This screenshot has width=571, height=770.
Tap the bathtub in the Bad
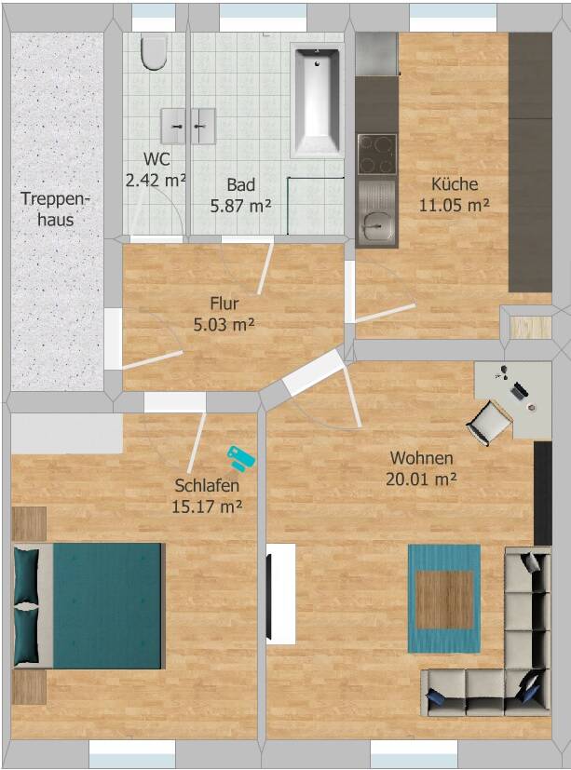pyautogui.click(x=317, y=101)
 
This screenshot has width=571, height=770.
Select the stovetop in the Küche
pyautogui.click(x=377, y=155)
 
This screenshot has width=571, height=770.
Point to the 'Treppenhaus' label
pyautogui.click(x=56, y=209)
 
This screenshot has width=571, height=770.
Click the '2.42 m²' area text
pyautogui.click(x=156, y=181)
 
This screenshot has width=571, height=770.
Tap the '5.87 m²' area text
pyautogui.click(x=240, y=206)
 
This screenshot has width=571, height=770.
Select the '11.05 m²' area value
pyautogui.click(x=454, y=205)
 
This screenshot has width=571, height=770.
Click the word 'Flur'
pyautogui.click(x=224, y=303)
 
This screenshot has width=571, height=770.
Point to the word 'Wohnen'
pyautogui.click(x=422, y=458)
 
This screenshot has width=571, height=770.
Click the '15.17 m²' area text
pyautogui.click(x=207, y=507)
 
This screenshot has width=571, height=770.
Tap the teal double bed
pyautogui.click(x=88, y=605)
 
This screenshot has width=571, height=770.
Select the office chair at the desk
pyautogui.click(x=488, y=423)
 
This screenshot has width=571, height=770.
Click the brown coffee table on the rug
pyautogui.click(x=444, y=599)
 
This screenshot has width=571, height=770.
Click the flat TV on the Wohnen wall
pyautogui.click(x=269, y=598)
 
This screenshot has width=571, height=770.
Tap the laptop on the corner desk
pyautogui.click(x=519, y=390)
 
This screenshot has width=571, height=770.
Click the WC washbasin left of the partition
pyautogui.click(x=173, y=127)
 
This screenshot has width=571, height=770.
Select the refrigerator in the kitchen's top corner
pyautogui.click(x=376, y=53)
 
